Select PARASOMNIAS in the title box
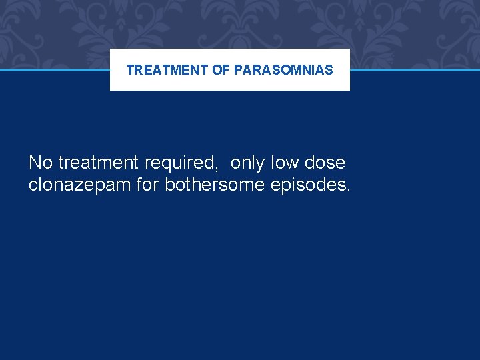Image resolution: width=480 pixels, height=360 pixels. pos(283,70)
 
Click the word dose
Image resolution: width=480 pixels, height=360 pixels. pos(325,163)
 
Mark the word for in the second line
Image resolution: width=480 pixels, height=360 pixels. pos(147,185)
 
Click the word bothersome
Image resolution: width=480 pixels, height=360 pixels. pos(215,185)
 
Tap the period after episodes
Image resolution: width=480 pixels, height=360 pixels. pos(347,190)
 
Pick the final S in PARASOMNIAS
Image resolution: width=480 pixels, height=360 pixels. pos(329,70)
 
